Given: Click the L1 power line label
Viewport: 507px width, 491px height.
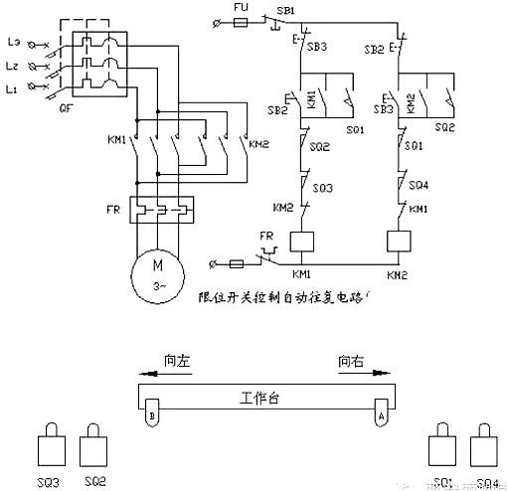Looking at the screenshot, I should [13, 90].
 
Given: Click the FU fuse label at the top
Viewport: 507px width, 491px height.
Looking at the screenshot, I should [239, 7].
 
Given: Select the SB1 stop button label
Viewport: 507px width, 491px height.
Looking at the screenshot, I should [285, 9].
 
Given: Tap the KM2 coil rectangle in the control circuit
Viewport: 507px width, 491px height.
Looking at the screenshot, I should [398, 242].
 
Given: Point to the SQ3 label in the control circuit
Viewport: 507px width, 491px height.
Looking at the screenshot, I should [324, 188].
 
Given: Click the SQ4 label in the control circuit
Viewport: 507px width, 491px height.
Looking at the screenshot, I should [419, 185].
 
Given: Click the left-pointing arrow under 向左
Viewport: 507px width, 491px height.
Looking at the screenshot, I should [164, 375].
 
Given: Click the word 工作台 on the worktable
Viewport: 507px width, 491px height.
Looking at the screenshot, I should [260, 397].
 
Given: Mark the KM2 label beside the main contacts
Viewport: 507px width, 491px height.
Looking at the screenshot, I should [258, 144].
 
